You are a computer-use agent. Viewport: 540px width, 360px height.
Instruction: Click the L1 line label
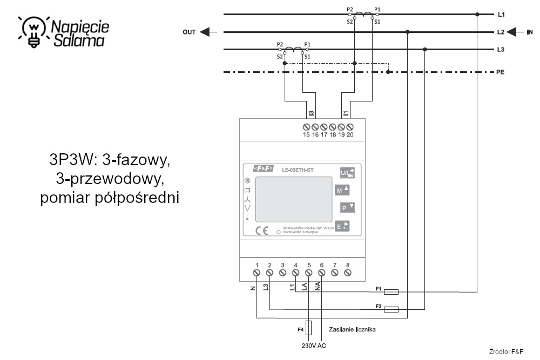[501, 15]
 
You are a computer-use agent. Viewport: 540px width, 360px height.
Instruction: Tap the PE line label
[501, 72]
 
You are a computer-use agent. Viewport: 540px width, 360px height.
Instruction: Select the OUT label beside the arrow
[189, 32]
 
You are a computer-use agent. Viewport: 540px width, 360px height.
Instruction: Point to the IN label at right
[530, 32]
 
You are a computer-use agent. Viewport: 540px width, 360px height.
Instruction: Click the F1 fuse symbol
[390, 292]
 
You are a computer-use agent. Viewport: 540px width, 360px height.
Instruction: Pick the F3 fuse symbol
[390, 309]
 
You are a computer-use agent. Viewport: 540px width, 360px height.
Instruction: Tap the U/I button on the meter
[347, 173]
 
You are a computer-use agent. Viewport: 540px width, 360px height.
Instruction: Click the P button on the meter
[347, 208]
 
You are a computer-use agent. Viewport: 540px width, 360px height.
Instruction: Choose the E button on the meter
[343, 227]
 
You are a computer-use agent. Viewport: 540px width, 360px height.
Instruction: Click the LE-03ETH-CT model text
[298, 171]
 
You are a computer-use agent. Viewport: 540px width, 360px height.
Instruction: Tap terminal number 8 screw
[347, 273]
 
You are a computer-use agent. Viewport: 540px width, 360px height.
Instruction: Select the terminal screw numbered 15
[306, 127]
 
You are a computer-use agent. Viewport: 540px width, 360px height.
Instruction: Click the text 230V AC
[313, 345]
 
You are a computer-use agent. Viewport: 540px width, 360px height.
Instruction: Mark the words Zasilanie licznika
[352, 329]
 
